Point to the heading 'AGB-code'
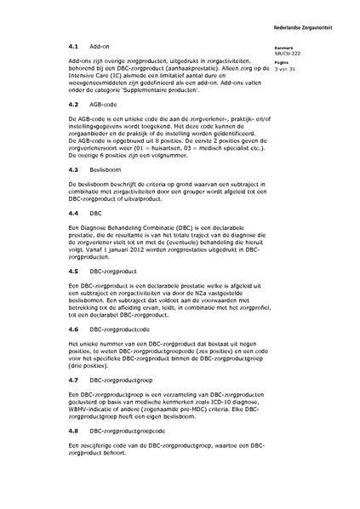click(105, 103)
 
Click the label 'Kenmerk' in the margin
click(295, 48)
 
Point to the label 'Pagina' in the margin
click(294, 62)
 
